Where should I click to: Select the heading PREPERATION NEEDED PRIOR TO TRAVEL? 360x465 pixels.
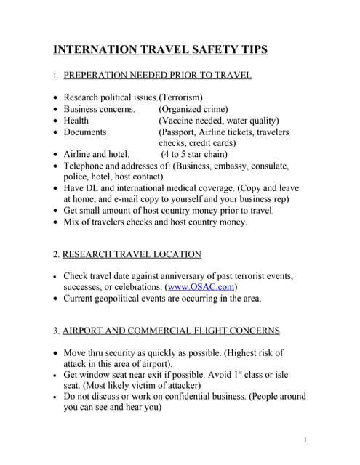(158, 75)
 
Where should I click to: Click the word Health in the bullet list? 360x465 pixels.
(76, 121)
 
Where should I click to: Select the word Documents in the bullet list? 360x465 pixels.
(85, 132)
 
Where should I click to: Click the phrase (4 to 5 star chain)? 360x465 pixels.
(194, 154)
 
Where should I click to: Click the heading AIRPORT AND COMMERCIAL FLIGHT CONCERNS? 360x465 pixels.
(171, 331)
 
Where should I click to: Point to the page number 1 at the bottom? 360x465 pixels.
(306, 440)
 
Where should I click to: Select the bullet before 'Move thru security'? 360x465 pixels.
(57, 353)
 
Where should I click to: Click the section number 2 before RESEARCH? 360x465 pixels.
(56, 254)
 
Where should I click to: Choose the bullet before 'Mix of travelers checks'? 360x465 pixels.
(57, 222)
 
